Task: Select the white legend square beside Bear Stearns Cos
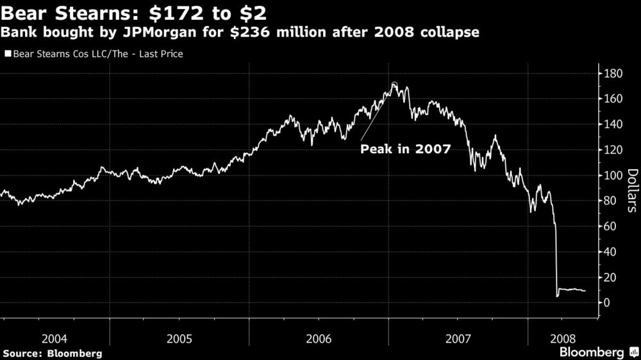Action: point(8,54)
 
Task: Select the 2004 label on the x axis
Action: point(55,337)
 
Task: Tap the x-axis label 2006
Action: point(319,337)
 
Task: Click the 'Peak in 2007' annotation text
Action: point(405,149)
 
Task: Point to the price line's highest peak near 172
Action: point(394,83)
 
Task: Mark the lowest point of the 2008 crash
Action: point(558,296)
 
